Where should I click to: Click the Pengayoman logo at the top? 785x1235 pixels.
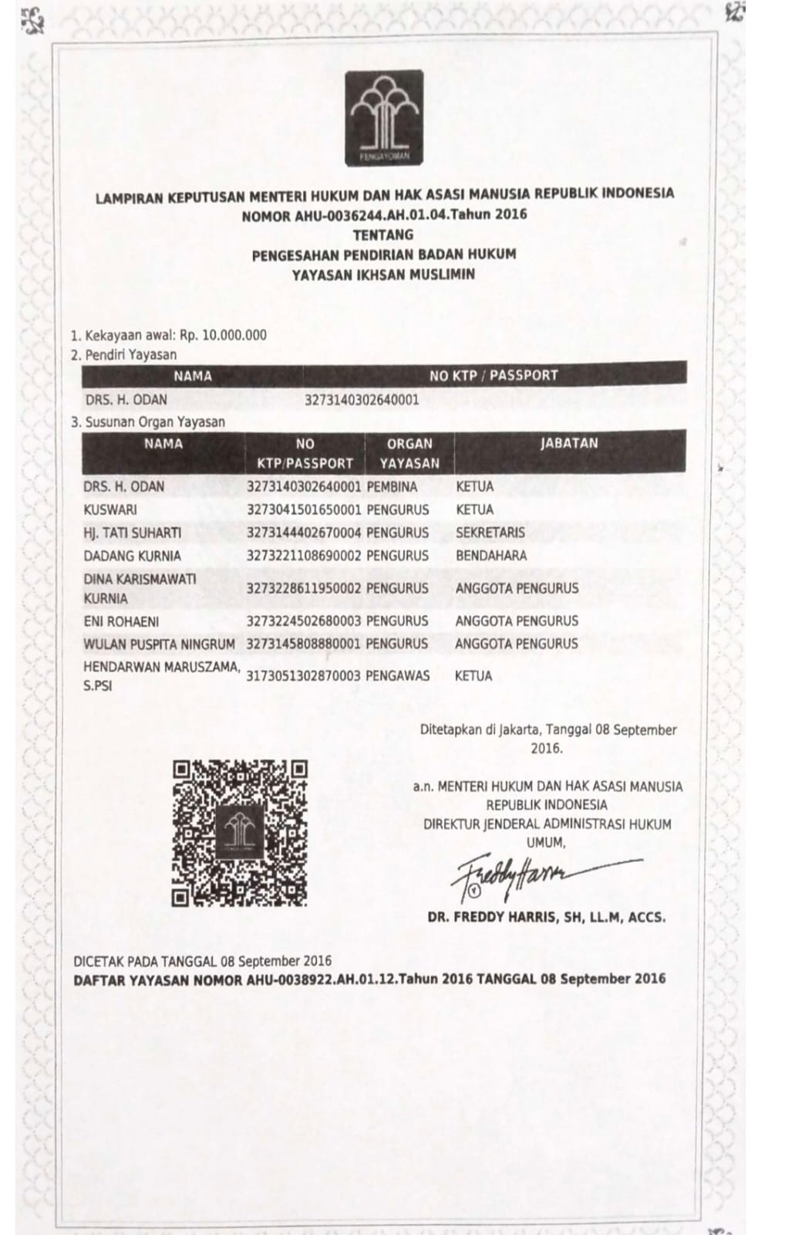[384, 117]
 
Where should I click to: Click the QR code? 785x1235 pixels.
[239, 833]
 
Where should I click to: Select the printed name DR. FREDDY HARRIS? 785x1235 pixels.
[546, 918]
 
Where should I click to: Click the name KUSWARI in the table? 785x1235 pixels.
[110, 510]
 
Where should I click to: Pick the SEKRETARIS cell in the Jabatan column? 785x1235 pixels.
[490, 533]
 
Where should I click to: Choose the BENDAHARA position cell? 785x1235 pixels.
[490, 556]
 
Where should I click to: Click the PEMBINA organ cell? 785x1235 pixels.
[392, 487]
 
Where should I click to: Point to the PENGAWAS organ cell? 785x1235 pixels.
[398, 676]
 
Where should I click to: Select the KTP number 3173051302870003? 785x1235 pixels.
[304, 676]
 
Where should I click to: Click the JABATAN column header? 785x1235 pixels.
[569, 444]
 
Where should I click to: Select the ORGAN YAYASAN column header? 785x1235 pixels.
[409, 454]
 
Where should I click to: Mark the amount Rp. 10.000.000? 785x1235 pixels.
[224, 335]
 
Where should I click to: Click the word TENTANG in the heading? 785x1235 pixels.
[383, 235]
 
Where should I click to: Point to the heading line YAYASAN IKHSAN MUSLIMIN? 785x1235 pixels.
[383, 274]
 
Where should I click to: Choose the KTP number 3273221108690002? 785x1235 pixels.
[304, 556]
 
